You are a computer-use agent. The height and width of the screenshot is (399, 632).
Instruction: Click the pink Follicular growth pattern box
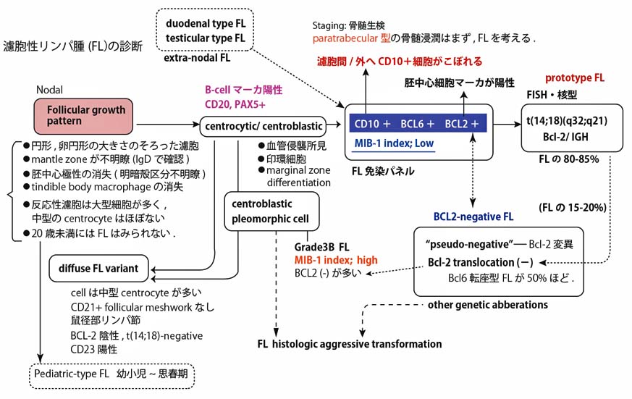pyautogui.click(x=85, y=116)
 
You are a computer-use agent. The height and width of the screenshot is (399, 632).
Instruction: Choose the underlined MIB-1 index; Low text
pyautogui.click(x=394, y=143)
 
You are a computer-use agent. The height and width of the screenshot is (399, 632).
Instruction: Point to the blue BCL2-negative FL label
pyautogui.click(x=473, y=216)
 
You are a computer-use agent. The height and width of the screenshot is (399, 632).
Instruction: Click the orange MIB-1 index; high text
pyautogui.click(x=334, y=259)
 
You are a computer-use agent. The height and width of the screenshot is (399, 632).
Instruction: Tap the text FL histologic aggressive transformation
pyautogui.click(x=349, y=344)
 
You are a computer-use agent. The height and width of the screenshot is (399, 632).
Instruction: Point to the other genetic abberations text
pyautogui.click(x=483, y=304)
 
